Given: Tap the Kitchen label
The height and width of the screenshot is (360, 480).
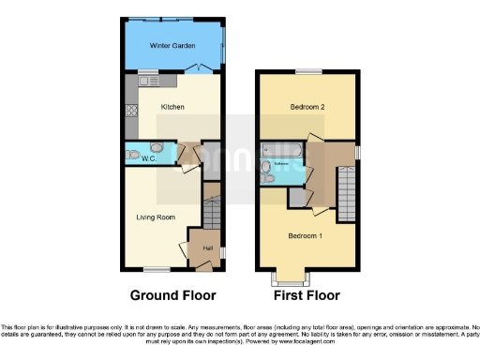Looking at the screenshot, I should point(172,107).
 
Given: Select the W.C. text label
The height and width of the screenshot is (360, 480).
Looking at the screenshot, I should point(148,158).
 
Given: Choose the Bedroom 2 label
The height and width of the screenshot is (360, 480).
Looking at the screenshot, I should point(307,107).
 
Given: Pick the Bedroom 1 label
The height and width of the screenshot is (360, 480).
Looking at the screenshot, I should point(305,234).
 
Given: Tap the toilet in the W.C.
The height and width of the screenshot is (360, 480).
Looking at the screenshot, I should point(134,154).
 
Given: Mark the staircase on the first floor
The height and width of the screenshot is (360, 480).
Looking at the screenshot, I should point(345,187).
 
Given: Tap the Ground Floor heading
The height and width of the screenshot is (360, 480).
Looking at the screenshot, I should point(172,295).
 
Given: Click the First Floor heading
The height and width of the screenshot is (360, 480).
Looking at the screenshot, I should point(306,295).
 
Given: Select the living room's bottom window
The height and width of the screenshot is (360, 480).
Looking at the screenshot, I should point(156,269).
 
